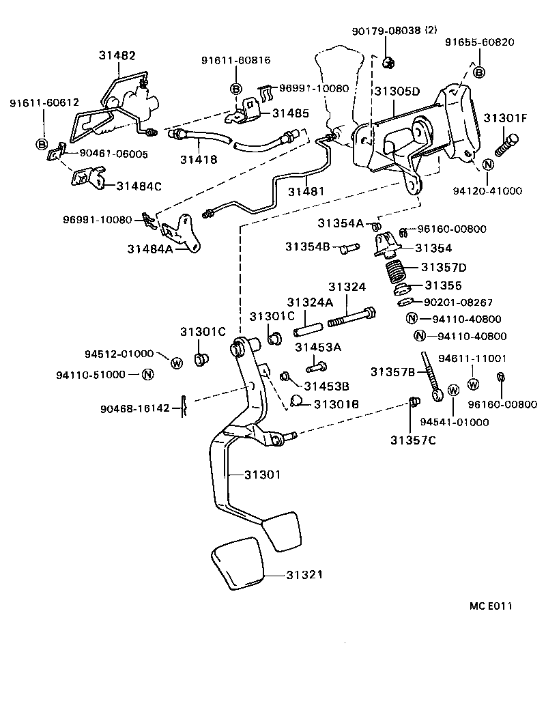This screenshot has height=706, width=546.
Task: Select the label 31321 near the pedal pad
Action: (x=297, y=576)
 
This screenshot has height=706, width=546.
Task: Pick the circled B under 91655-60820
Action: (x=478, y=72)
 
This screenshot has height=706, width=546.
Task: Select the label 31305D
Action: (x=397, y=91)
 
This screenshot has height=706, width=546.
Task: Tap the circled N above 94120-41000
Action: (x=489, y=165)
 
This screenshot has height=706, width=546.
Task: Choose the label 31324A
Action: (x=309, y=302)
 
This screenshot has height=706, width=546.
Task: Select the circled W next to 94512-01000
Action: (x=176, y=363)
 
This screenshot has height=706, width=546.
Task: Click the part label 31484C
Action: (x=139, y=186)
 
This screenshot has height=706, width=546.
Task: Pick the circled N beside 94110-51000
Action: (x=148, y=374)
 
